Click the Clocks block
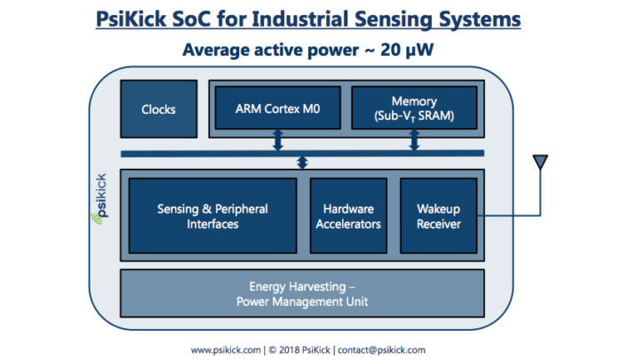[x=158, y=110]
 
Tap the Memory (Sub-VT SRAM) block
[x=413, y=108]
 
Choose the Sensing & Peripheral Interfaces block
[x=213, y=216]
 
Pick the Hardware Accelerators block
[x=347, y=216]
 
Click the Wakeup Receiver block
[x=438, y=216]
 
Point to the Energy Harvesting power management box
[x=302, y=294]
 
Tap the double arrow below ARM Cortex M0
[x=278, y=140]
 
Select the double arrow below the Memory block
[x=413, y=140]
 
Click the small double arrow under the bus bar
[x=302, y=163]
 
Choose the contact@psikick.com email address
[x=382, y=349]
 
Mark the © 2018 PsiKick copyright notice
[x=300, y=349]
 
